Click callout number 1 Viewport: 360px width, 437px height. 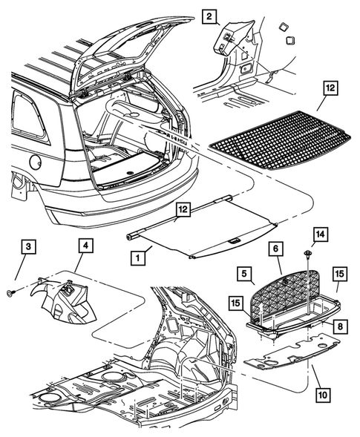tap(137, 258)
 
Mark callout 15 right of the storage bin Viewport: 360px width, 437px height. tap(339, 275)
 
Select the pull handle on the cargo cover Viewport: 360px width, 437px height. tap(232, 241)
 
